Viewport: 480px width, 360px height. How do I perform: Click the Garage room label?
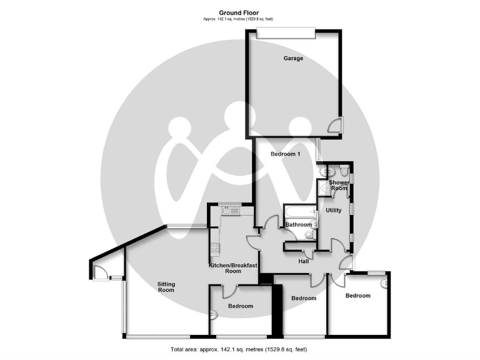point(293,59)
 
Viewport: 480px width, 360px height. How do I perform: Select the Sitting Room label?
point(166,287)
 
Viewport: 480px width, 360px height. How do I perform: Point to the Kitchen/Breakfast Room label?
point(233,268)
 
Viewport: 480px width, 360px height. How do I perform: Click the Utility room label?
point(334,210)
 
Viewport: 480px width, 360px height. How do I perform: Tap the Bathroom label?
point(298,224)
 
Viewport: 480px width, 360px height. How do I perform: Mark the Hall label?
point(304,261)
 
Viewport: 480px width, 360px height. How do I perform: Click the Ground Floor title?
point(236,12)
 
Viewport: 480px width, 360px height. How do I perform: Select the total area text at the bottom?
point(238,349)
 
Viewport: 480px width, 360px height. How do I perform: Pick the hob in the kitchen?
point(214,247)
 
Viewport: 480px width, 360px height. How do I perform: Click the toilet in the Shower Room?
point(344,170)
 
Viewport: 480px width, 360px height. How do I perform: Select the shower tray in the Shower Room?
point(324,187)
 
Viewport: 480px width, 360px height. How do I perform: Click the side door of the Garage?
point(337,124)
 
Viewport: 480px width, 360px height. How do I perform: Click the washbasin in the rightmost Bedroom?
point(384,283)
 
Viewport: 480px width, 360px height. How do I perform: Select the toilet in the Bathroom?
point(309,235)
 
